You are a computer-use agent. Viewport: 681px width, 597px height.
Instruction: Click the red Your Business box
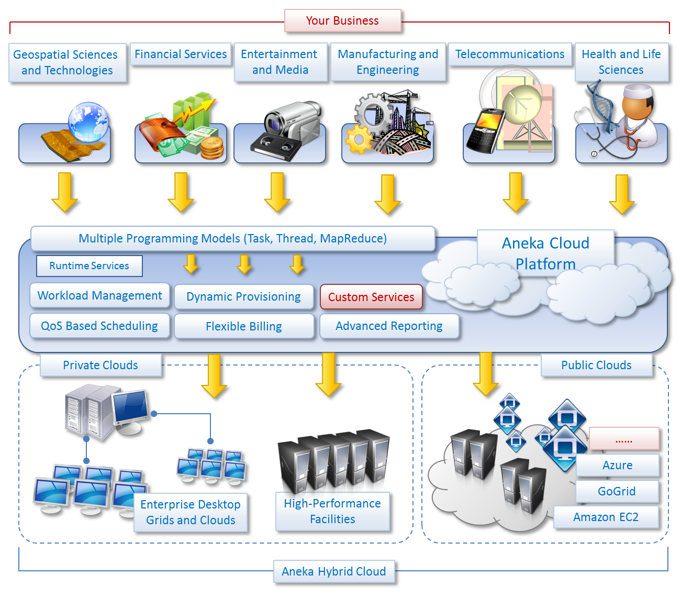pos(342,20)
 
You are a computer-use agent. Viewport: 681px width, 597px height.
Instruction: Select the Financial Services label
pos(181,54)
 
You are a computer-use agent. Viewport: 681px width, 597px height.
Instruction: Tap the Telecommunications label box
pos(509,54)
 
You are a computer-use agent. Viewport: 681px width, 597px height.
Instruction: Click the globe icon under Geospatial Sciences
pos(88,122)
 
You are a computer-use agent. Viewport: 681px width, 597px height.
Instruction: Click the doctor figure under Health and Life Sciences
pos(637,118)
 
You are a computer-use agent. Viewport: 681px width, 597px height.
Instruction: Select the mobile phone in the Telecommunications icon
pos(485,130)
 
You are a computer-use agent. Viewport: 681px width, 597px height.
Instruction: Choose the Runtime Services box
pos(89,266)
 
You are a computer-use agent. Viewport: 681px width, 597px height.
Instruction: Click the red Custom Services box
pos(371,297)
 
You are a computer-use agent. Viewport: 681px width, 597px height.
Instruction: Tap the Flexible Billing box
pos(243,326)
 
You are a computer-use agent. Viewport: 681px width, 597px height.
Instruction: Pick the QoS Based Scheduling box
pos(99,326)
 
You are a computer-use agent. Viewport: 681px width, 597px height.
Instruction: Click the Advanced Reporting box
pos(389,326)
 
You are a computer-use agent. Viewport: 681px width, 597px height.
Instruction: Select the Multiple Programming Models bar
pos(232,238)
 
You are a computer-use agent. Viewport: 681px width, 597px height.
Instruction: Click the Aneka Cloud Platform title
pos(545,253)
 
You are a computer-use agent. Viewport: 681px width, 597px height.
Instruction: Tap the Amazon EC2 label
pos(606,517)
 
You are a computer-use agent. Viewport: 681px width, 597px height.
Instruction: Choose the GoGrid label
pos(617,491)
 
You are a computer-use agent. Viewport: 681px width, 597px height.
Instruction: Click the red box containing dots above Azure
pos(623,439)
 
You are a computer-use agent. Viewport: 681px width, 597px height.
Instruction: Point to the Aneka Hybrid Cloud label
pos(333,571)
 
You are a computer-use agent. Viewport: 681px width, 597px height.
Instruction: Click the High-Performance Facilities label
pos(332,511)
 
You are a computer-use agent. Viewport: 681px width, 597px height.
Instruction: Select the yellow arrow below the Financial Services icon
pos(181,192)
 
